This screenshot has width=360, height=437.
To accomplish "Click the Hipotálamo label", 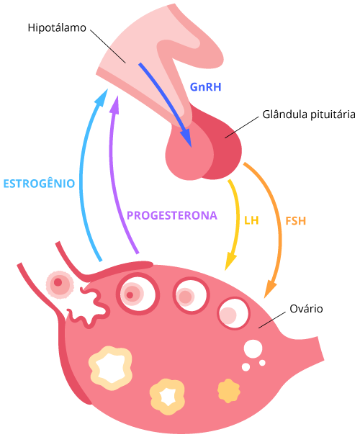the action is coord(57,28).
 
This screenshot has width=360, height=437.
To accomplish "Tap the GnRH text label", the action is coord(206,87).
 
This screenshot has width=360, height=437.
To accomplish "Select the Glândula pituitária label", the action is coord(309,114).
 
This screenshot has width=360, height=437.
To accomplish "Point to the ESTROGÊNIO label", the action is coord(39,183).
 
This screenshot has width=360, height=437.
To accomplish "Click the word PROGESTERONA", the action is coord(172,215).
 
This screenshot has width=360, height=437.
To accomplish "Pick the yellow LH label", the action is coord(251,220).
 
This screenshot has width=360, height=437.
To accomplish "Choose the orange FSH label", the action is coord(296,221).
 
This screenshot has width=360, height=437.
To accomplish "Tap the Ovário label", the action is coord(306,309).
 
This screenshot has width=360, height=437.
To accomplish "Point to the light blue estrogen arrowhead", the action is coord(102,97).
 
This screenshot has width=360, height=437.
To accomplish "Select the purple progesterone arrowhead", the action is coord(114,104).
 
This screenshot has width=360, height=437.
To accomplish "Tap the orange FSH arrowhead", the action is coord(269,289).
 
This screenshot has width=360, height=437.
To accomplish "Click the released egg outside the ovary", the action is coord(60,285).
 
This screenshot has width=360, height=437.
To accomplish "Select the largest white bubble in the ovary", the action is coord(253,348).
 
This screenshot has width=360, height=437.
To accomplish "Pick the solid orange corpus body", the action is coord(228,391).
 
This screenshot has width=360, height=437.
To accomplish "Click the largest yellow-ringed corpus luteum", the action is coord(110,368).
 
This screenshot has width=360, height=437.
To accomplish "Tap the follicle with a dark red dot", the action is coord(138,294).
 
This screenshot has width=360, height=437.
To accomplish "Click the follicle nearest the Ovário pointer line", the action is coord(233,313).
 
